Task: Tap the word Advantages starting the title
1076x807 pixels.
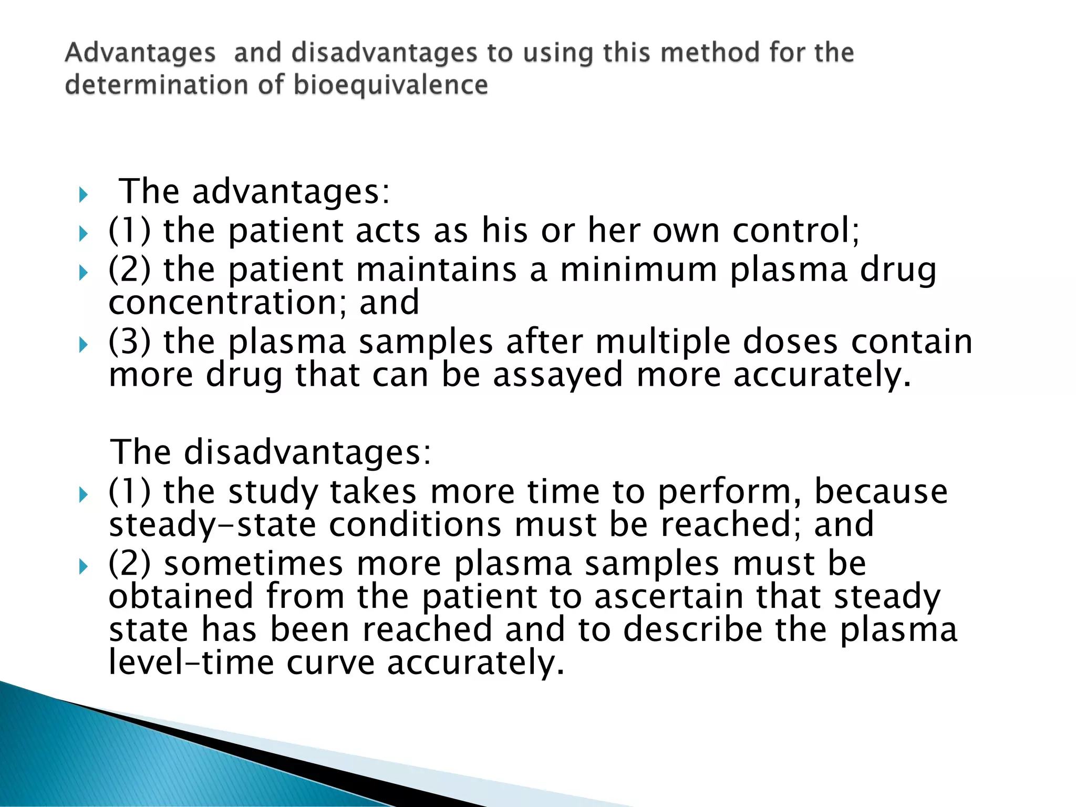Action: [140, 53]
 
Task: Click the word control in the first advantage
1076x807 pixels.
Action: [795, 231]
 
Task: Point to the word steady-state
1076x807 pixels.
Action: [212, 525]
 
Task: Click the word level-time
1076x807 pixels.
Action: [191, 663]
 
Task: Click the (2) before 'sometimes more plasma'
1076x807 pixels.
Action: [129, 564]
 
